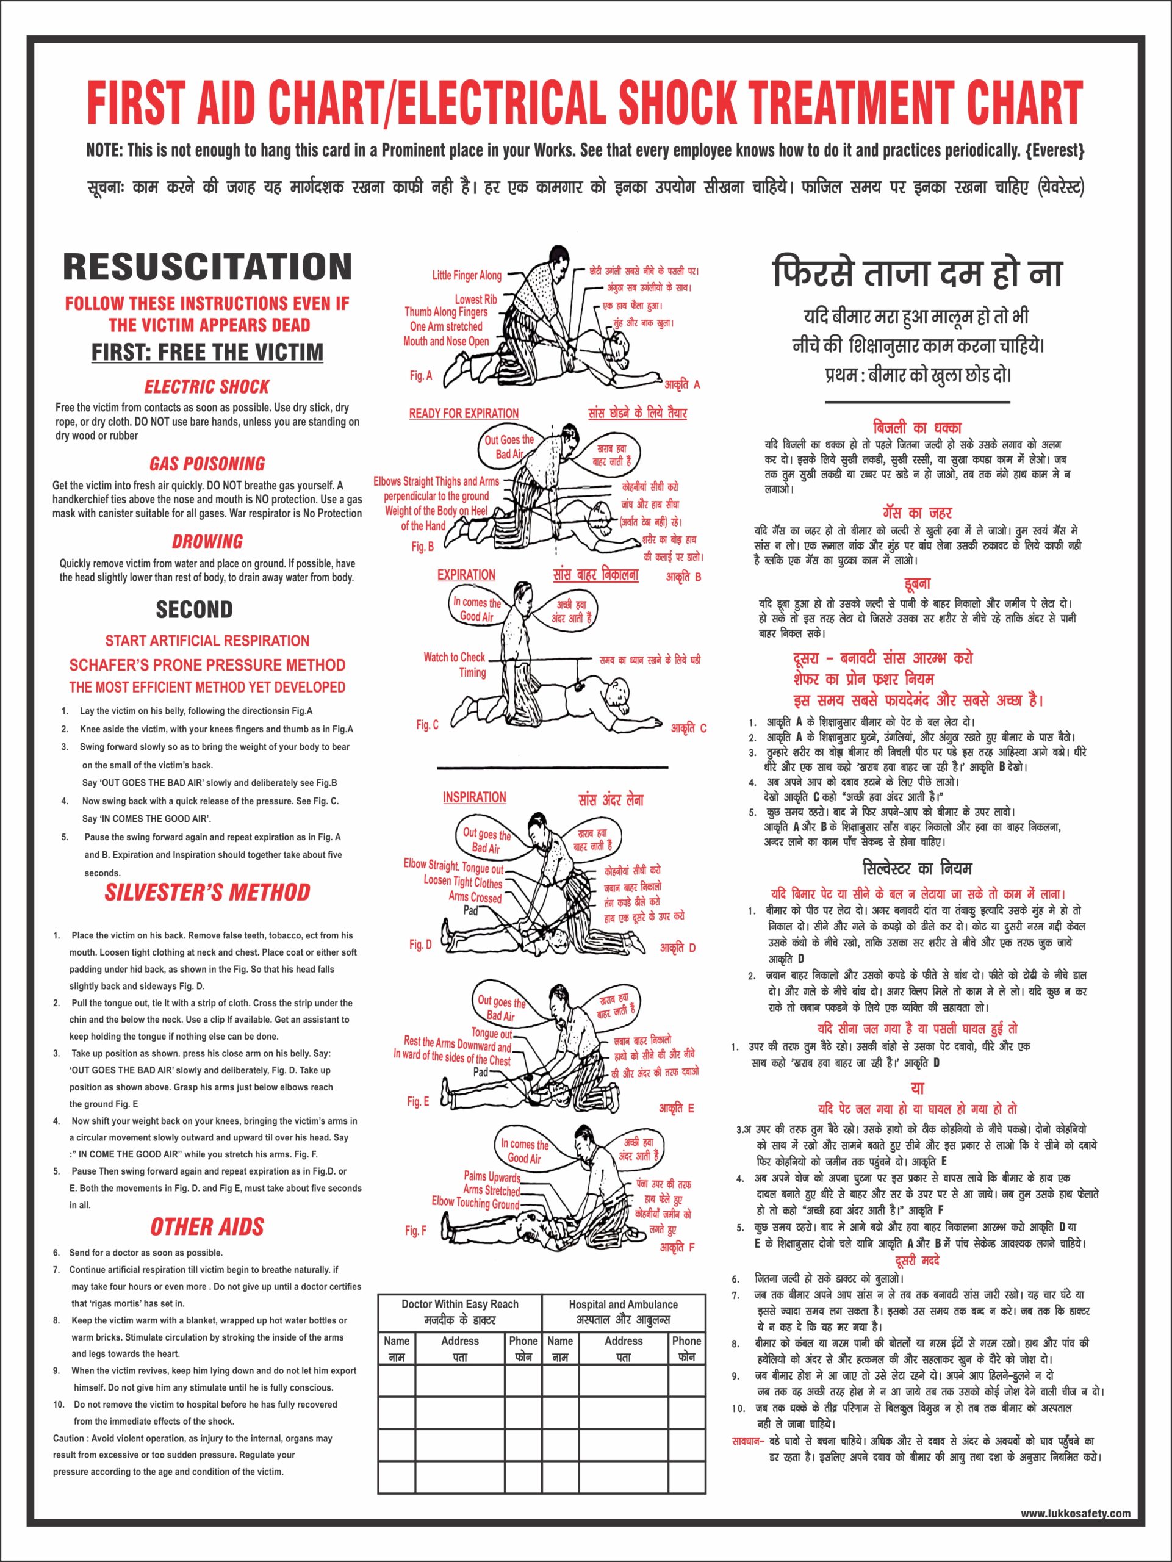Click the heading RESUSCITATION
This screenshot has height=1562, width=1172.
[207, 267]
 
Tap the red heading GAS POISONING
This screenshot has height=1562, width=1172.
[207, 464]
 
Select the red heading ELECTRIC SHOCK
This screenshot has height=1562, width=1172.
[207, 387]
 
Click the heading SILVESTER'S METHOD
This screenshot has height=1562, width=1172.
[207, 893]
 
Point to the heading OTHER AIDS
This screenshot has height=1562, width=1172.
[207, 1227]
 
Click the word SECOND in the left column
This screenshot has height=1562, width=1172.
[194, 610]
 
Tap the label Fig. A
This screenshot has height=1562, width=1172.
[421, 376]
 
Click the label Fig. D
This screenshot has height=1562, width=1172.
[420, 945]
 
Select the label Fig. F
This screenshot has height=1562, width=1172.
[416, 1231]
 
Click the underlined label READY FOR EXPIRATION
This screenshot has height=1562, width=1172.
[464, 414]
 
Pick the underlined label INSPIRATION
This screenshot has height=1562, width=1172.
[475, 797]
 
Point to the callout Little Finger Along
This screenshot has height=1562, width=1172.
[467, 275]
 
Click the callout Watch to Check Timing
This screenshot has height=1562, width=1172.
[455, 664]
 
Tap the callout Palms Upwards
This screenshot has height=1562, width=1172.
[491, 1176]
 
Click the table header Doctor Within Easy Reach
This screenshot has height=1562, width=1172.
[459, 1305]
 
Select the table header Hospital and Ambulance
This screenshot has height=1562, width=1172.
[624, 1305]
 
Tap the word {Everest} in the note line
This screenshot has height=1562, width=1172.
[1054, 151]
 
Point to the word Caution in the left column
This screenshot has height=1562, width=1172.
[68, 1438]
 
